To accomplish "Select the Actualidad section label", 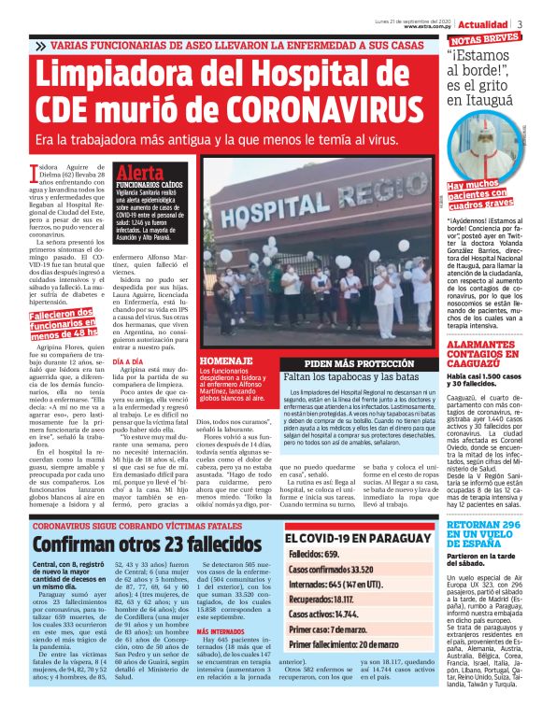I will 485,22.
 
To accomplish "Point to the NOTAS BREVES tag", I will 485,39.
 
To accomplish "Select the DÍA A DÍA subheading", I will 127,360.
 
